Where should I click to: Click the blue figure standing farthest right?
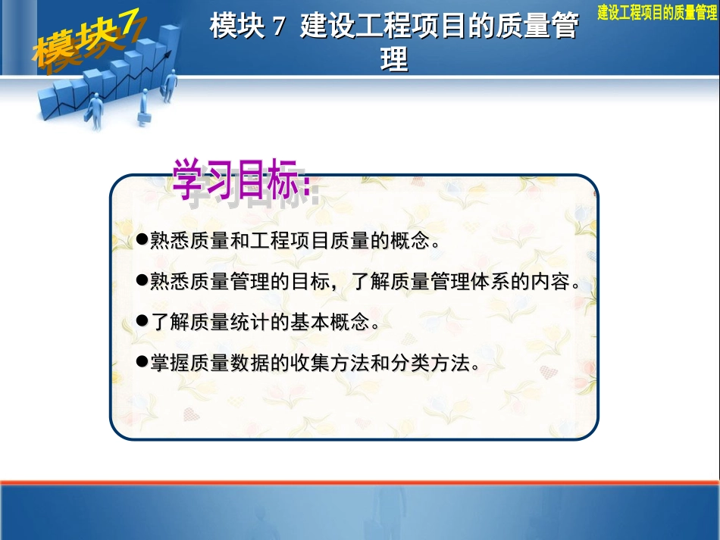[x=171, y=85]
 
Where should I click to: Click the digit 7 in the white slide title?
[x=277, y=28]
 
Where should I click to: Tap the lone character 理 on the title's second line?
[x=394, y=58]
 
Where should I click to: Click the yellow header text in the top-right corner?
[x=657, y=11]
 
